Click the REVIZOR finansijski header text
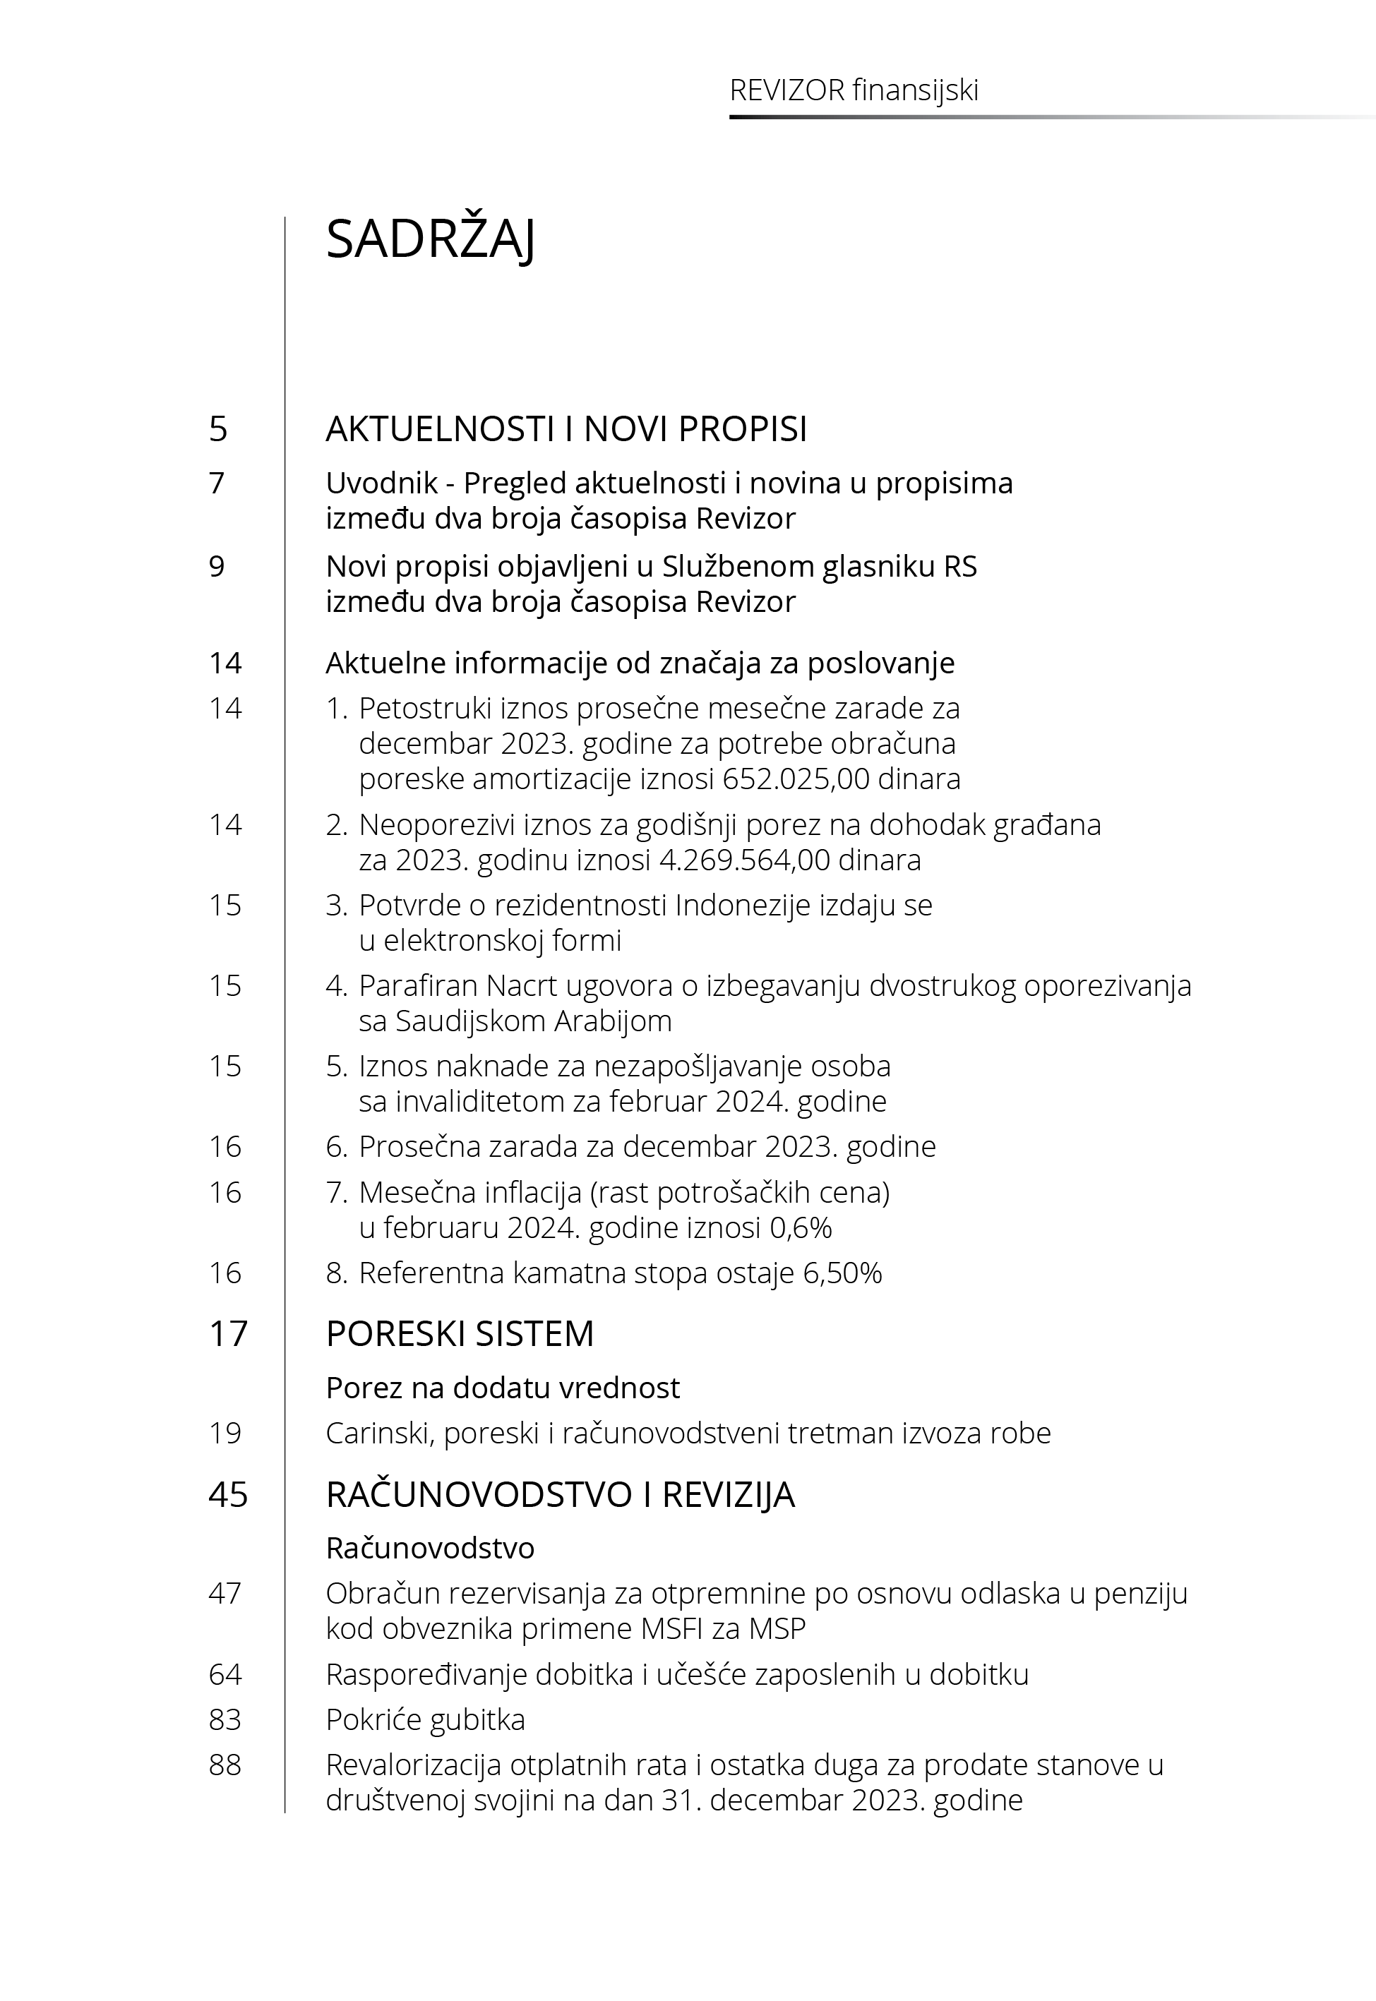[854, 90]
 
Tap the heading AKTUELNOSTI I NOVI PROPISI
[566, 429]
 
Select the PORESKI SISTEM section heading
[460, 1333]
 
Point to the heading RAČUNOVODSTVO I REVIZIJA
[560, 1494]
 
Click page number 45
[227, 1494]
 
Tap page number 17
[227, 1333]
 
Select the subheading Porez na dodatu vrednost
[503, 1388]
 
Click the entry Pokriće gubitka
[425, 1719]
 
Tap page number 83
[225, 1719]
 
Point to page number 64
[225, 1674]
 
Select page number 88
[225, 1765]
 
